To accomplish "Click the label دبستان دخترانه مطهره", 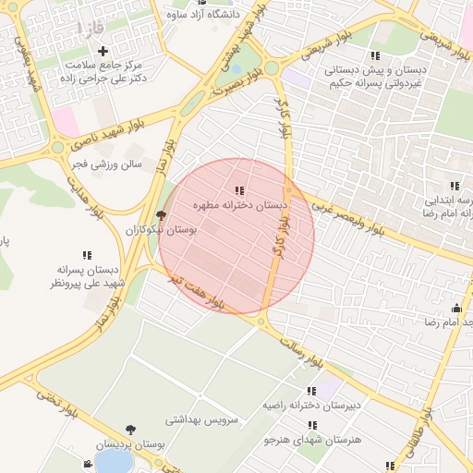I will pyautogui.click(x=240, y=204).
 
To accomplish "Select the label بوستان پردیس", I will pyautogui.click(x=134, y=444).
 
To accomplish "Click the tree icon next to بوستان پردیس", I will pyautogui.click(x=129, y=430).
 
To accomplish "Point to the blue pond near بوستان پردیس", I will pyautogui.click(x=112, y=460).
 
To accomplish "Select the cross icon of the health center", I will pyautogui.click(x=103, y=51).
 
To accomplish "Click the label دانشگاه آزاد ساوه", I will pyautogui.click(x=203, y=14).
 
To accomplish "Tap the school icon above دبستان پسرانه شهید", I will pyautogui.click(x=87, y=255).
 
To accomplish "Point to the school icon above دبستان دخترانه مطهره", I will pyautogui.click(x=240, y=189).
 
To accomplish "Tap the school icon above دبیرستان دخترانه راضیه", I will pyautogui.click(x=311, y=391).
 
